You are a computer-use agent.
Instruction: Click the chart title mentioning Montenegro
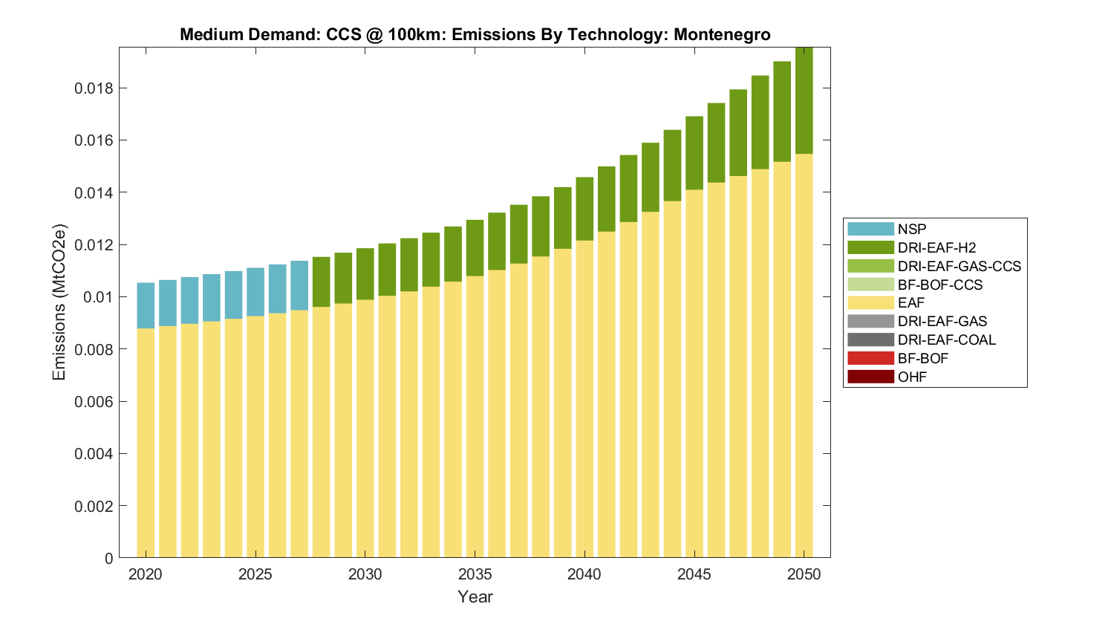(x=475, y=35)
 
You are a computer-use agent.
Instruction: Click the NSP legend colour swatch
(x=870, y=229)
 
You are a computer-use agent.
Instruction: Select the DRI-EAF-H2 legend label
(x=937, y=247)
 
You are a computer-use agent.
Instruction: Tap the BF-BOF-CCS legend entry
(x=939, y=285)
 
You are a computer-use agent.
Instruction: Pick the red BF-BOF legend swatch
(x=870, y=358)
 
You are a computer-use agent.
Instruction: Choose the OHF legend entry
(x=912, y=377)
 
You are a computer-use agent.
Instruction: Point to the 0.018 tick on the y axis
(x=94, y=88)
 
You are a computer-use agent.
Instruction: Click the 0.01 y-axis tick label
(x=99, y=297)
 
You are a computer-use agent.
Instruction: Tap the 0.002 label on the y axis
(x=94, y=506)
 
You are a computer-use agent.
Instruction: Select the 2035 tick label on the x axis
(x=475, y=574)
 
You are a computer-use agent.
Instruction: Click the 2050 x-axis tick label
(x=804, y=574)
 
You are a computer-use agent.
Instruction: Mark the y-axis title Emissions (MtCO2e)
(x=59, y=302)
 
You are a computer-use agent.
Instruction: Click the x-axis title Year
(x=475, y=597)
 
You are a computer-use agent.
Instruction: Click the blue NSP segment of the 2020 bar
(x=146, y=305)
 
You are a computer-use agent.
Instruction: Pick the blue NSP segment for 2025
(x=255, y=292)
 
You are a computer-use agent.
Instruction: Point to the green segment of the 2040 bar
(x=584, y=209)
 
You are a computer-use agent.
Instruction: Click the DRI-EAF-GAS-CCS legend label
(x=959, y=266)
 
